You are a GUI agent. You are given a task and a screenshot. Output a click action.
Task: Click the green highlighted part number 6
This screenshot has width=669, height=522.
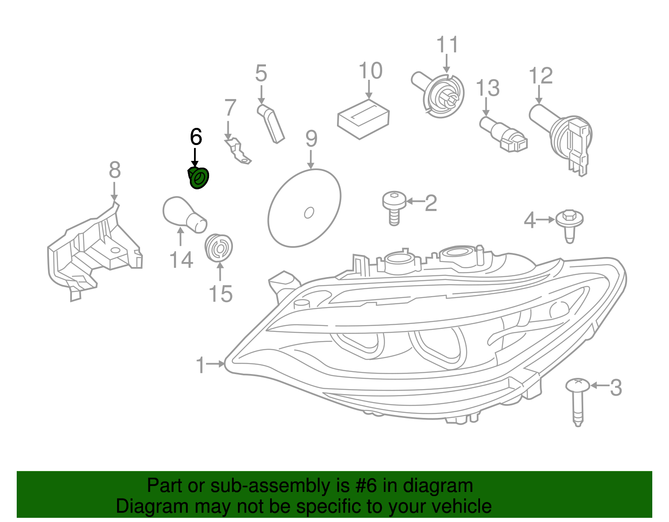click(198, 178)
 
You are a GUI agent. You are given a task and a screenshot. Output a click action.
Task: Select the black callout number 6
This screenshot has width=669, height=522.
click(196, 137)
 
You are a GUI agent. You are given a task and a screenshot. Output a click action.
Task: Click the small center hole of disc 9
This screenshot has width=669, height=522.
click(309, 213)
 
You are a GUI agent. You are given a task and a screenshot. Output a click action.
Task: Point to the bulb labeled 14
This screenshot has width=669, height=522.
click(184, 214)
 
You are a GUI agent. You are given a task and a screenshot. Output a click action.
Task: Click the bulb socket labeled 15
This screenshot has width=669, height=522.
click(219, 247)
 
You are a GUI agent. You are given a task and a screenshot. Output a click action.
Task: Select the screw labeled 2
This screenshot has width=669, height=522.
click(394, 207)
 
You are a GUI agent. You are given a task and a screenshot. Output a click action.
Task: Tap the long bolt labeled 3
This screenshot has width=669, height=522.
click(578, 401)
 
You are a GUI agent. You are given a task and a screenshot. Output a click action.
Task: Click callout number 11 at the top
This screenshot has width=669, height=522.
click(447, 45)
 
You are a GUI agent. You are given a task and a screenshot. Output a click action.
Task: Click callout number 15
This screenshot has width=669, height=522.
click(221, 294)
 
